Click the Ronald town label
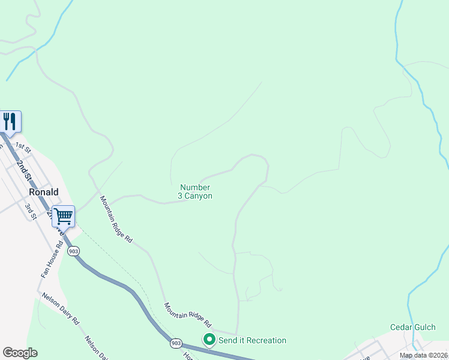44,192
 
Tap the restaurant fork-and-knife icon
10,122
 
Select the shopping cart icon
63,216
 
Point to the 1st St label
23,146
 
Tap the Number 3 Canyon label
195,191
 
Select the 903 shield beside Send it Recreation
175,343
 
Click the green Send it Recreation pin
209,340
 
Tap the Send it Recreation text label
252,340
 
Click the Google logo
20,353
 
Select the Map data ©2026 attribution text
423,355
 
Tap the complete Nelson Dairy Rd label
59,309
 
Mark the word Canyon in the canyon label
200,196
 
